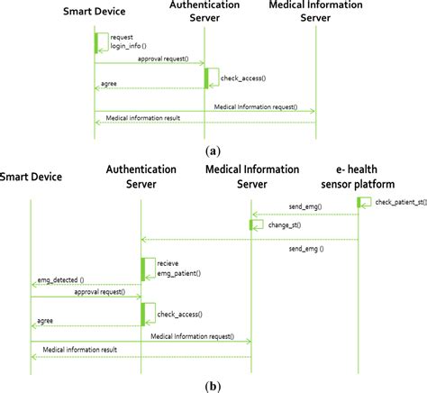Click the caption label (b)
213,386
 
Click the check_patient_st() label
401,201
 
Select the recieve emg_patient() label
173,268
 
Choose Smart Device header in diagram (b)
31,178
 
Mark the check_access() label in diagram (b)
179,315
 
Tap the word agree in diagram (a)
108,87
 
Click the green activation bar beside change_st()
251,224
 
